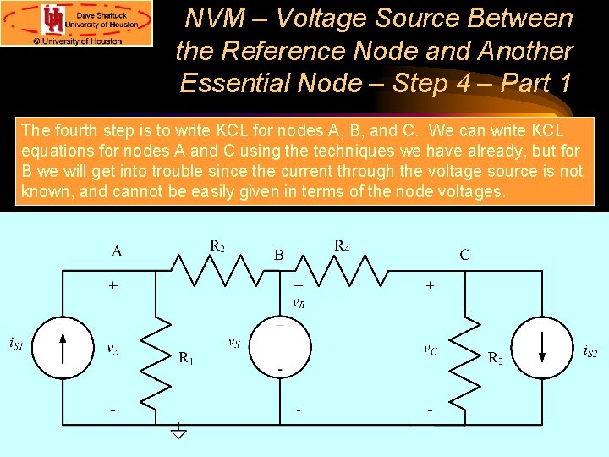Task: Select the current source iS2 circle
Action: (x=543, y=345)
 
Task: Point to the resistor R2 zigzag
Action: (x=217, y=271)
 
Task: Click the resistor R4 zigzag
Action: (x=343, y=271)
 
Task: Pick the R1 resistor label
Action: (x=187, y=358)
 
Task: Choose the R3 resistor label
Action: (x=496, y=358)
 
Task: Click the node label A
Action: (x=117, y=251)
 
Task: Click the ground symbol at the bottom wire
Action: (x=178, y=432)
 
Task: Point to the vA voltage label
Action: (x=112, y=347)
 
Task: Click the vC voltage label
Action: (x=431, y=347)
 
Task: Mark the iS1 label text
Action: (x=16, y=344)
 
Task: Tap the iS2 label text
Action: (x=590, y=350)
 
